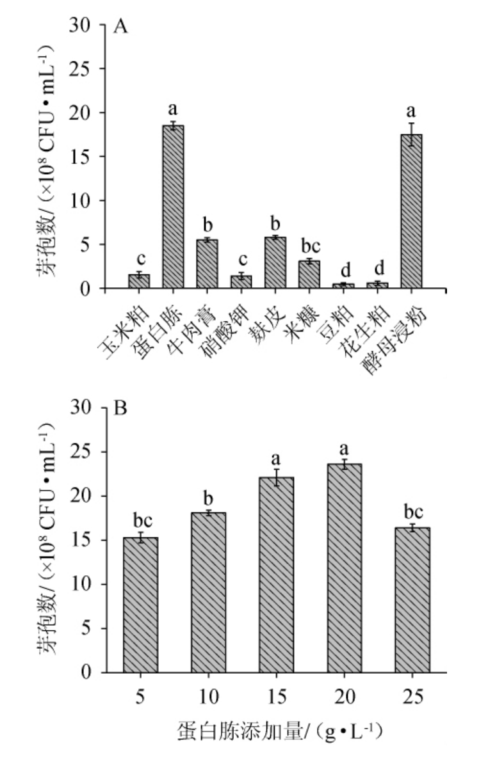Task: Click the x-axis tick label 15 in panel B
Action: (x=277, y=696)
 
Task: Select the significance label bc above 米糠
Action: (x=309, y=246)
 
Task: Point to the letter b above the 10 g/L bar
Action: (x=209, y=498)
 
